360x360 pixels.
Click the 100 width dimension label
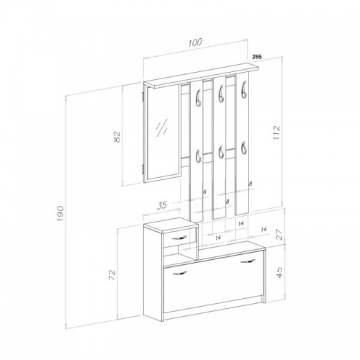(x=195, y=42)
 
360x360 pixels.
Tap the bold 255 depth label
(x=256, y=57)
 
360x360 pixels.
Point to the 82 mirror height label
(x=117, y=137)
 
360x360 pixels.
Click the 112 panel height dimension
(x=276, y=132)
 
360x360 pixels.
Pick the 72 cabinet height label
(x=112, y=275)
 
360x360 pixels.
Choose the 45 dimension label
(x=279, y=272)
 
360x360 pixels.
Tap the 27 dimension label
(x=279, y=235)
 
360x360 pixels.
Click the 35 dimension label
(x=162, y=205)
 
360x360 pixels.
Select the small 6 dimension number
(x=204, y=192)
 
